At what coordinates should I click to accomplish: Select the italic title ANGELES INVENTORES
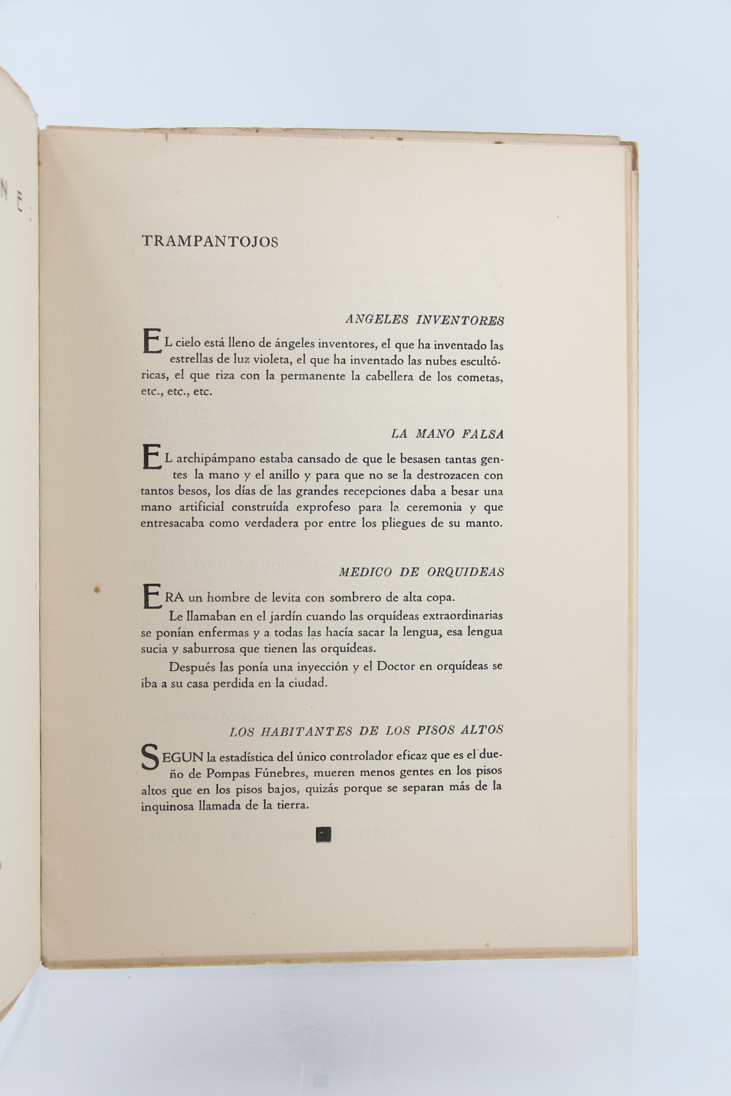coord(425,320)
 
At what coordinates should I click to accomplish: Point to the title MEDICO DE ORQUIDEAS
coord(421,572)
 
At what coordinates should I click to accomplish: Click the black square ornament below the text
coord(324,834)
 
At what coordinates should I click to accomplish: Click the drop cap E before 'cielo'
coord(152,342)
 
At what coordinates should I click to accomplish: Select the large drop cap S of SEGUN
coord(150,758)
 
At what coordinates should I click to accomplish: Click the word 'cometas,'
coord(480,377)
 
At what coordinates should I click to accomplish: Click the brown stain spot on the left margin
coord(97,590)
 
